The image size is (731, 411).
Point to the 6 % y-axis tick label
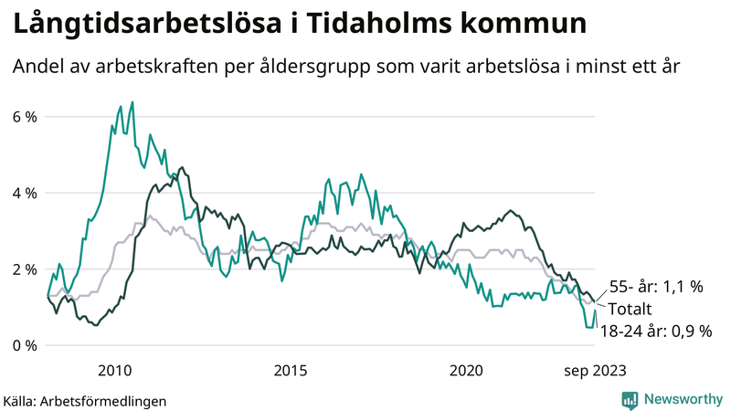click(25, 117)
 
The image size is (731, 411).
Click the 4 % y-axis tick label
click(25, 193)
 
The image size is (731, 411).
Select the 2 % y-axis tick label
click(25, 269)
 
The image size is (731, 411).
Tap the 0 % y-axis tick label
click(25, 345)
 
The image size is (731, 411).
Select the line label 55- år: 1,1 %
click(655, 287)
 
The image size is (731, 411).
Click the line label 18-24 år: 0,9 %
click(654, 331)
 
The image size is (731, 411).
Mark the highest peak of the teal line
click(132, 102)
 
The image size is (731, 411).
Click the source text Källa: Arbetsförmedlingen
click(85, 400)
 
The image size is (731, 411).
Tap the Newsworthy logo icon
click(630, 399)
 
